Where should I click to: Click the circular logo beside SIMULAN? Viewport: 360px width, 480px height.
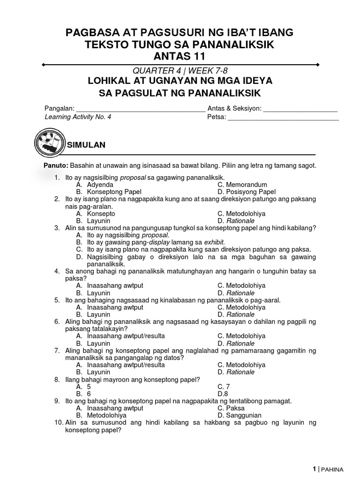[x=48, y=144]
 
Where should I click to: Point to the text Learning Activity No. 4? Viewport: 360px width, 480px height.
[x=78, y=118]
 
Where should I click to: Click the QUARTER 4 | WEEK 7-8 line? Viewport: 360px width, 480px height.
[x=180, y=71]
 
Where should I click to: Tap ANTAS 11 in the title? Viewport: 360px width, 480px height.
[x=180, y=57]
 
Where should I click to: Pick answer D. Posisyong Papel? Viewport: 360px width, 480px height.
[x=247, y=192]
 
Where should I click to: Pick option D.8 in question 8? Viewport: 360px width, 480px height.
[x=223, y=394]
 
